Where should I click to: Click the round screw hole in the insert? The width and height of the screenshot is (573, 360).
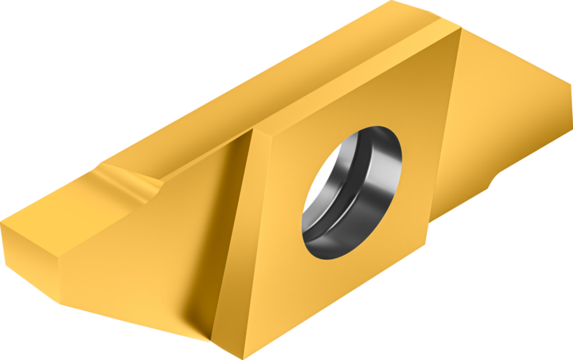click(x=352, y=192)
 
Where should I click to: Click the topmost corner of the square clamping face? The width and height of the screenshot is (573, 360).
click(x=461, y=29)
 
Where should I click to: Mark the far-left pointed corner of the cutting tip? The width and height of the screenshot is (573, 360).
click(x=2, y=224)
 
